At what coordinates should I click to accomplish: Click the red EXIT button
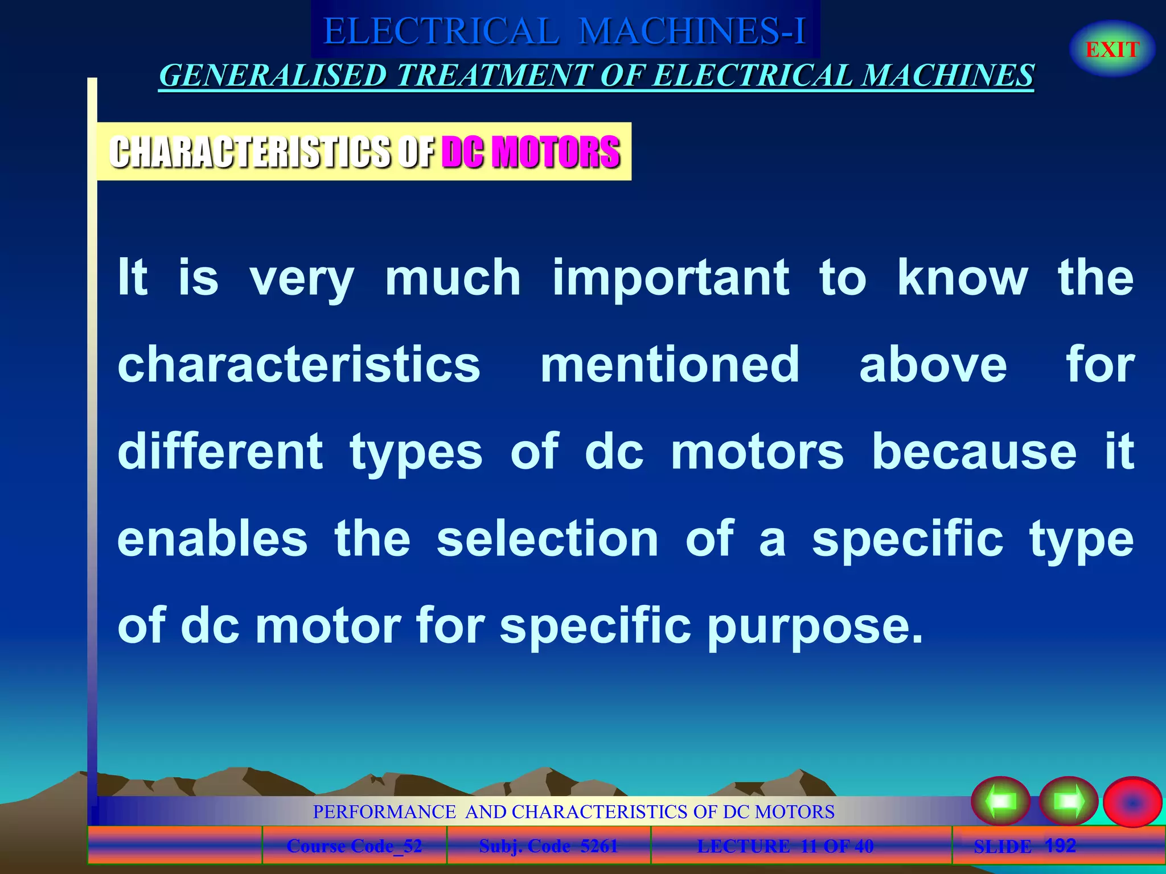[1112, 50]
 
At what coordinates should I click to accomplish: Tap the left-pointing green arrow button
[1000, 801]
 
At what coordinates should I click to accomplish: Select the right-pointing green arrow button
[1069, 801]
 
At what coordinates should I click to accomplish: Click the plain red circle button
[1132, 802]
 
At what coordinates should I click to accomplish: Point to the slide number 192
[1060, 846]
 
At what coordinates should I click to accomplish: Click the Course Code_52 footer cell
[354, 846]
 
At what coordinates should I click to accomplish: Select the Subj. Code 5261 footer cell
[548, 846]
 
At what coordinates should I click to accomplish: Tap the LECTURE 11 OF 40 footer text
[785, 846]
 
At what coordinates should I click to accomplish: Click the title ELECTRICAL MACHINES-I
[564, 31]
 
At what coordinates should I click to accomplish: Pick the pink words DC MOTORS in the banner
[531, 152]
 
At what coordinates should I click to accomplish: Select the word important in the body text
[671, 279]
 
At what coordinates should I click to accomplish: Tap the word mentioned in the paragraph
[670, 365]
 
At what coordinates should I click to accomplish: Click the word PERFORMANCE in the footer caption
[384, 811]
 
